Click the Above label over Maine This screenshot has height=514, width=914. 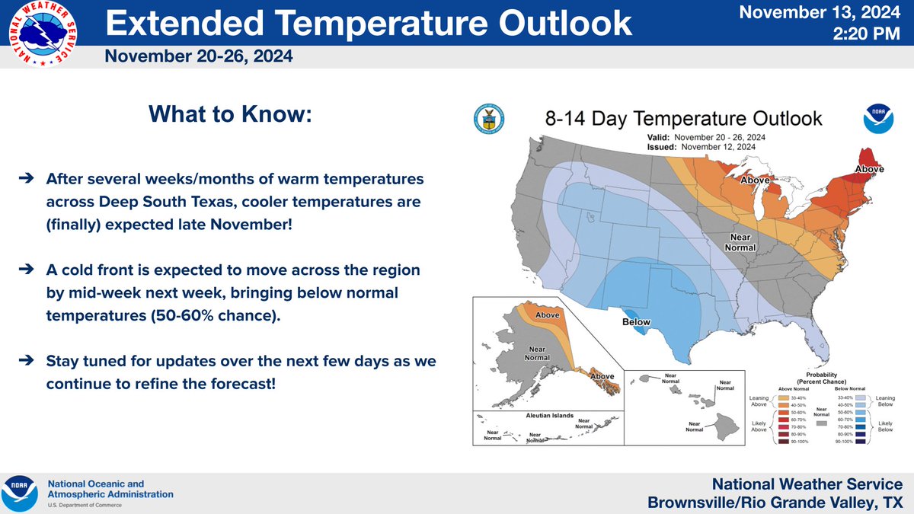click(869, 169)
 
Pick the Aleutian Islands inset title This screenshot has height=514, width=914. click(548, 418)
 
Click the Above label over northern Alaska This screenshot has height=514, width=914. click(549, 314)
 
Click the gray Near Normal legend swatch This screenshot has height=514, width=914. click(820, 420)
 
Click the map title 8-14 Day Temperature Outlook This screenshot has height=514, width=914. click(682, 119)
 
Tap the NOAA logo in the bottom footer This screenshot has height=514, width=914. click(19, 493)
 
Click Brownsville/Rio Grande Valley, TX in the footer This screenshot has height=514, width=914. click(774, 503)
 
